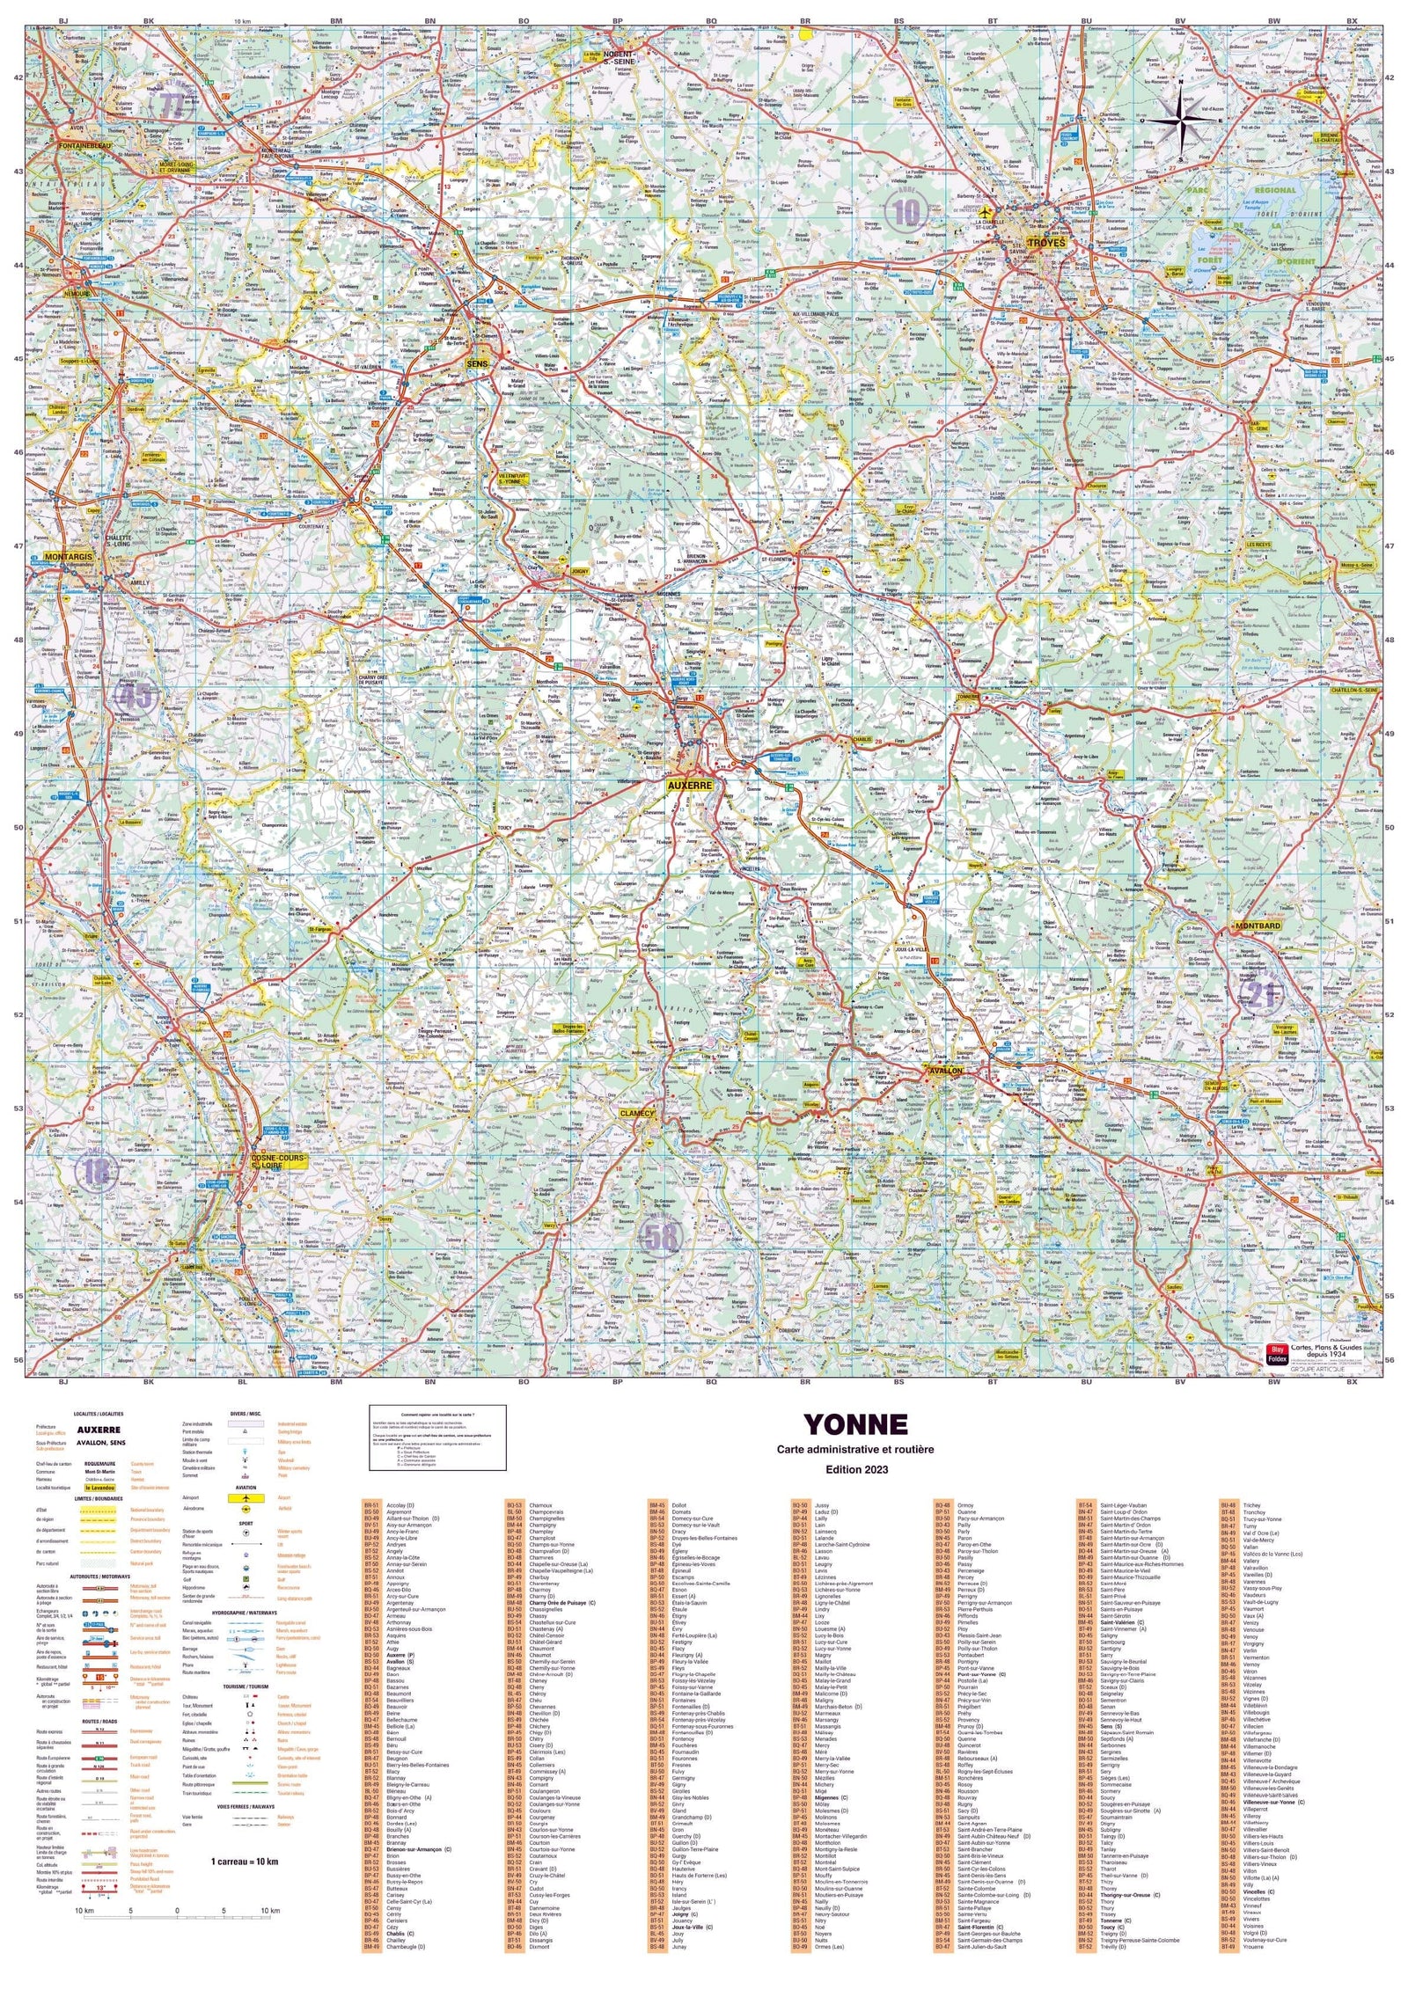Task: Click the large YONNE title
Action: point(855,1424)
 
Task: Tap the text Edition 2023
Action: point(856,1469)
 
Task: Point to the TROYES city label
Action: point(1045,242)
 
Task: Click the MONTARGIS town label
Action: point(68,557)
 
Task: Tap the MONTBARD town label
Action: point(1257,926)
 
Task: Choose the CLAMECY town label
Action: point(637,1113)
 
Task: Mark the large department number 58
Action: point(662,1235)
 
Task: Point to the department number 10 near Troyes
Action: point(906,211)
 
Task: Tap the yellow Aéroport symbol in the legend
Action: point(246,1497)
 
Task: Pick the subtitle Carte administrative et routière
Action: point(855,1449)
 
